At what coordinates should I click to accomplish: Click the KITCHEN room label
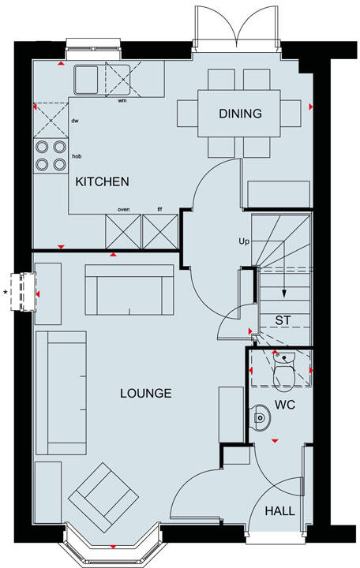click(102, 181)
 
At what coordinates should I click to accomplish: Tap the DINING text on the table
click(240, 114)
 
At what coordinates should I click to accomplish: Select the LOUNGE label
click(145, 393)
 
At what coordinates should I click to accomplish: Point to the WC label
click(285, 405)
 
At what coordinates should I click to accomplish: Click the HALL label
click(279, 511)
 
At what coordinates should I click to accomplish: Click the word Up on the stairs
click(245, 240)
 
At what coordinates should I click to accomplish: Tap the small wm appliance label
click(122, 101)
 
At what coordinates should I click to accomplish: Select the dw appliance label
click(75, 121)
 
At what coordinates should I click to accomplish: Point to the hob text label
click(77, 156)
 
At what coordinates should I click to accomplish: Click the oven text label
click(123, 209)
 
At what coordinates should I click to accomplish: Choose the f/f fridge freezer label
click(159, 209)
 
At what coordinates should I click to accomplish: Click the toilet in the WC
click(283, 372)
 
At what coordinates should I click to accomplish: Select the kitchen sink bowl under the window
click(86, 79)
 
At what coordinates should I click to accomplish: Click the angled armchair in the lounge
click(101, 494)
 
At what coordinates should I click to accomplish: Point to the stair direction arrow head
click(284, 298)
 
